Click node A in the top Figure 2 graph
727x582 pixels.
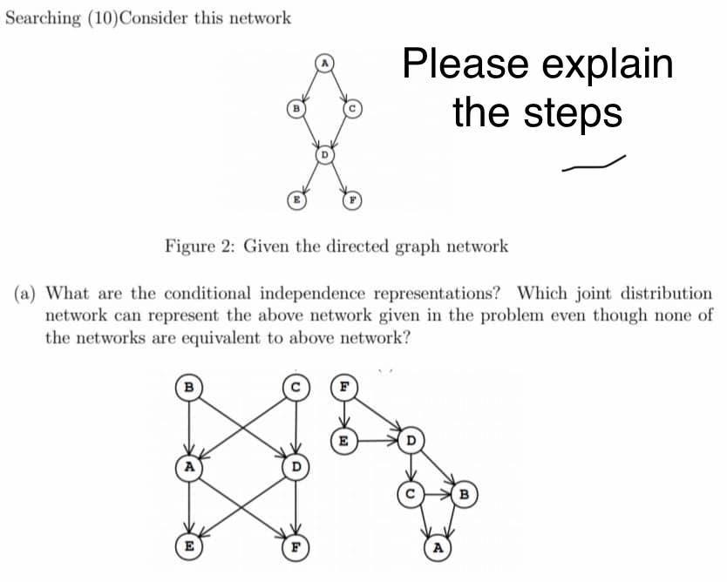click(x=324, y=63)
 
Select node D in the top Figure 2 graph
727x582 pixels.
click(x=324, y=155)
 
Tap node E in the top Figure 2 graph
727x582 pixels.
click(x=296, y=199)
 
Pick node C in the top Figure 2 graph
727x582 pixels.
click(x=352, y=109)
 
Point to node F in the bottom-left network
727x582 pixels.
click(x=296, y=549)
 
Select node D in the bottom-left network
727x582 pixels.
click(x=296, y=467)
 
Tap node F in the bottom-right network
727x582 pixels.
click(x=343, y=385)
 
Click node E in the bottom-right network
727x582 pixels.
click(x=343, y=440)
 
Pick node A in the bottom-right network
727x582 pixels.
click(x=438, y=549)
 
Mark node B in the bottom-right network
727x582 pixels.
click(x=465, y=497)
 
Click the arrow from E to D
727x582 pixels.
click(x=376, y=440)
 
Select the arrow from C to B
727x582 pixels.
click(x=437, y=497)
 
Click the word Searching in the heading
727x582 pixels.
click(x=39, y=17)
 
